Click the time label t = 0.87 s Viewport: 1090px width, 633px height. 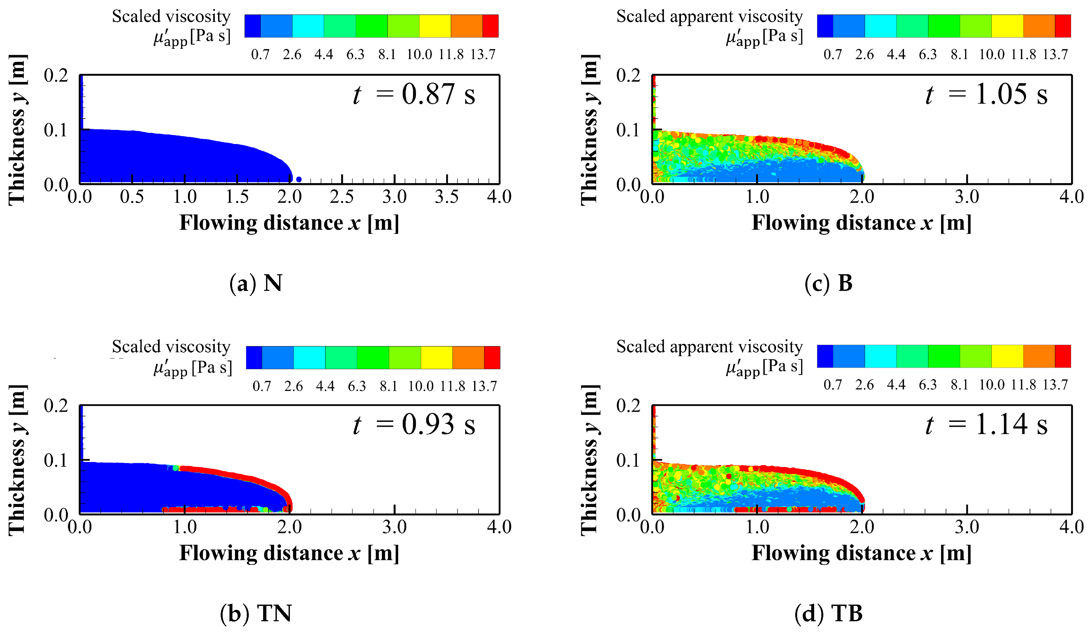414,94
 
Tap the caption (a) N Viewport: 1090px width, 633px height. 256,283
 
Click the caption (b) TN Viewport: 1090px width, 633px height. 256,613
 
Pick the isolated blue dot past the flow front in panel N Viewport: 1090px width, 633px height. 298,180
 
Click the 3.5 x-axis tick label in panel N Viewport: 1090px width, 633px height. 446,197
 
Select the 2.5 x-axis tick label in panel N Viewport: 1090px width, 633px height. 342,197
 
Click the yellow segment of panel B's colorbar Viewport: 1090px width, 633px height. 1007,26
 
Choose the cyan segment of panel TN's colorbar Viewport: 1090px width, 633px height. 309,357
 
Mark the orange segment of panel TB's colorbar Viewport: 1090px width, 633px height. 1039,356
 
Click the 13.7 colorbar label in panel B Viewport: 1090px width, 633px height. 1055,55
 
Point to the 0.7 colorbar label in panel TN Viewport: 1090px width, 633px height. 262,386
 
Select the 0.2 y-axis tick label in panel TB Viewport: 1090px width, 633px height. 628,406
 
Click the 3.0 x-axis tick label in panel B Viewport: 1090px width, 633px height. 967,197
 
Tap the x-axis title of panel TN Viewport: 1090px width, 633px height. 289,553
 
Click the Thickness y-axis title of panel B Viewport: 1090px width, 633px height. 590,130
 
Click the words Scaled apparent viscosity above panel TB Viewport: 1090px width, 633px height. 709,347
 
